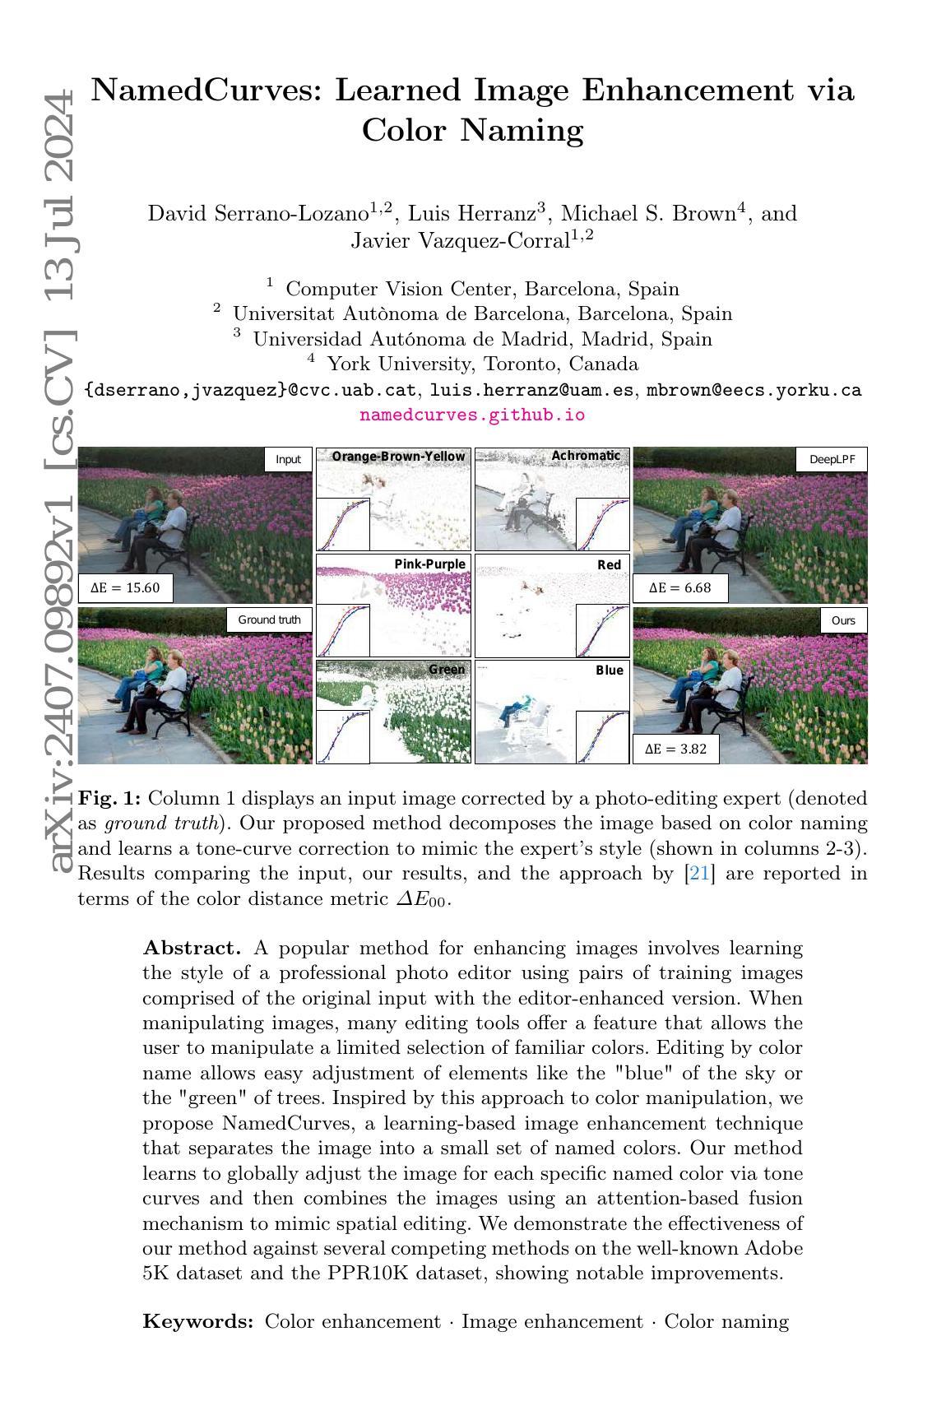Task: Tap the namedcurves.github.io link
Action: (472, 415)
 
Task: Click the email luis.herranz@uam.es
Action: (533, 390)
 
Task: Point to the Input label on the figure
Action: (288, 459)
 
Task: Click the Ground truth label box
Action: (269, 619)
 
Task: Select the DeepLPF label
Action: (832, 459)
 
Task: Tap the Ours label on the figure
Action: (843, 619)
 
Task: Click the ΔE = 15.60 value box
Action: (125, 588)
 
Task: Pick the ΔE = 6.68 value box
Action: (679, 588)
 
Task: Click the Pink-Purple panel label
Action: (429, 564)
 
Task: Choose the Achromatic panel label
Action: (585, 456)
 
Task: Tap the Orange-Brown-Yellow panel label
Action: (398, 456)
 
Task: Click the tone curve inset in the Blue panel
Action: (602, 737)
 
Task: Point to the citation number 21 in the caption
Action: (698, 873)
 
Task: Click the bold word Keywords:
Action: (198, 1321)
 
